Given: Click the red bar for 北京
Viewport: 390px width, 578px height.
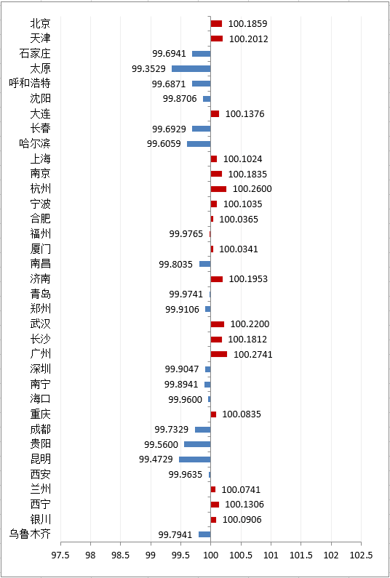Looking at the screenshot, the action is (216, 23).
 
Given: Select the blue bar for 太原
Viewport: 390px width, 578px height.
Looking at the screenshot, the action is (191, 68).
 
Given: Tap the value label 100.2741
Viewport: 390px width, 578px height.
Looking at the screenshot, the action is (253, 355).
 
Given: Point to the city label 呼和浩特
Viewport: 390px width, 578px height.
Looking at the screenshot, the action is (30, 84).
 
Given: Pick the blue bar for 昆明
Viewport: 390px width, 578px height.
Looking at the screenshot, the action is (195, 459).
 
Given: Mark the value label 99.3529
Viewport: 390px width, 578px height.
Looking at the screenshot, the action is (148, 68).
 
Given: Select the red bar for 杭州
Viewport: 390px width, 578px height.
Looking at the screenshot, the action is (218, 189).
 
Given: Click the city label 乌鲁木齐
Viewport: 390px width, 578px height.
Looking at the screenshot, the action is (30, 534).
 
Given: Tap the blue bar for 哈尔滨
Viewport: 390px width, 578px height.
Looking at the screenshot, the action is (199, 144).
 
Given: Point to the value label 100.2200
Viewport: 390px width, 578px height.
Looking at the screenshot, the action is (250, 324).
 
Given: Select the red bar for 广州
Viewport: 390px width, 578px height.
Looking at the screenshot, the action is (219, 354).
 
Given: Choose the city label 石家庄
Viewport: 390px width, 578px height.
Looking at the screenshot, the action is (35, 54).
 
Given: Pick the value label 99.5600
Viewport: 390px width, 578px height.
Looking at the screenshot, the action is (162, 444).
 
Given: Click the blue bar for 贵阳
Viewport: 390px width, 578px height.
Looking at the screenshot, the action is (197, 444).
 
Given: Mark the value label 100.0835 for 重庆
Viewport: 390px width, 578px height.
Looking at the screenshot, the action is (242, 414).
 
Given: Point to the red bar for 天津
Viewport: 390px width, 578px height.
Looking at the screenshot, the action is (217, 39).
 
